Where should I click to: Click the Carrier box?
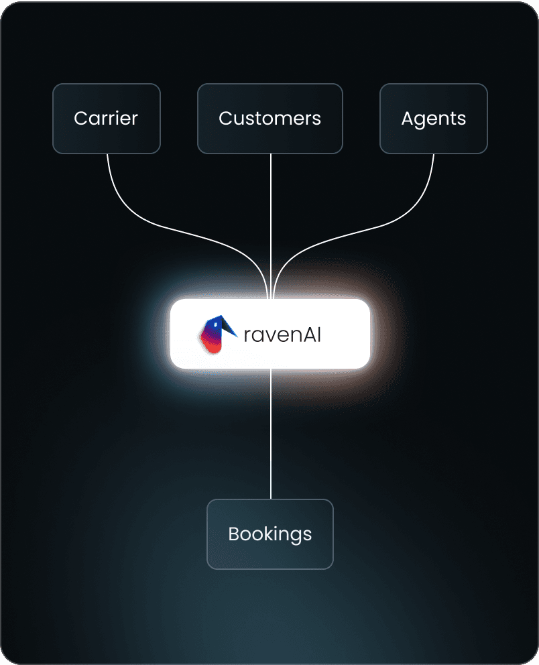click(x=106, y=119)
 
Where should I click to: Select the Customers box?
click(x=269, y=119)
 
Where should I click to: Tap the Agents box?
click(x=433, y=119)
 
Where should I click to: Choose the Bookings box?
click(x=269, y=534)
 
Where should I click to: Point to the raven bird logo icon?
click(x=217, y=335)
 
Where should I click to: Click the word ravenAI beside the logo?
click(x=282, y=334)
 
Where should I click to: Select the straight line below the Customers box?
click(x=270, y=221)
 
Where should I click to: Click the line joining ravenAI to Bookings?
click(x=270, y=436)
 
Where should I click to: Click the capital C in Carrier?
click(x=80, y=119)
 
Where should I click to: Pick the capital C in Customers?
click(x=225, y=119)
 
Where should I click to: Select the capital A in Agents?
click(x=408, y=119)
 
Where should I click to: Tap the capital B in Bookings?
click(x=233, y=534)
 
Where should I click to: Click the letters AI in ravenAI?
click(x=312, y=334)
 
